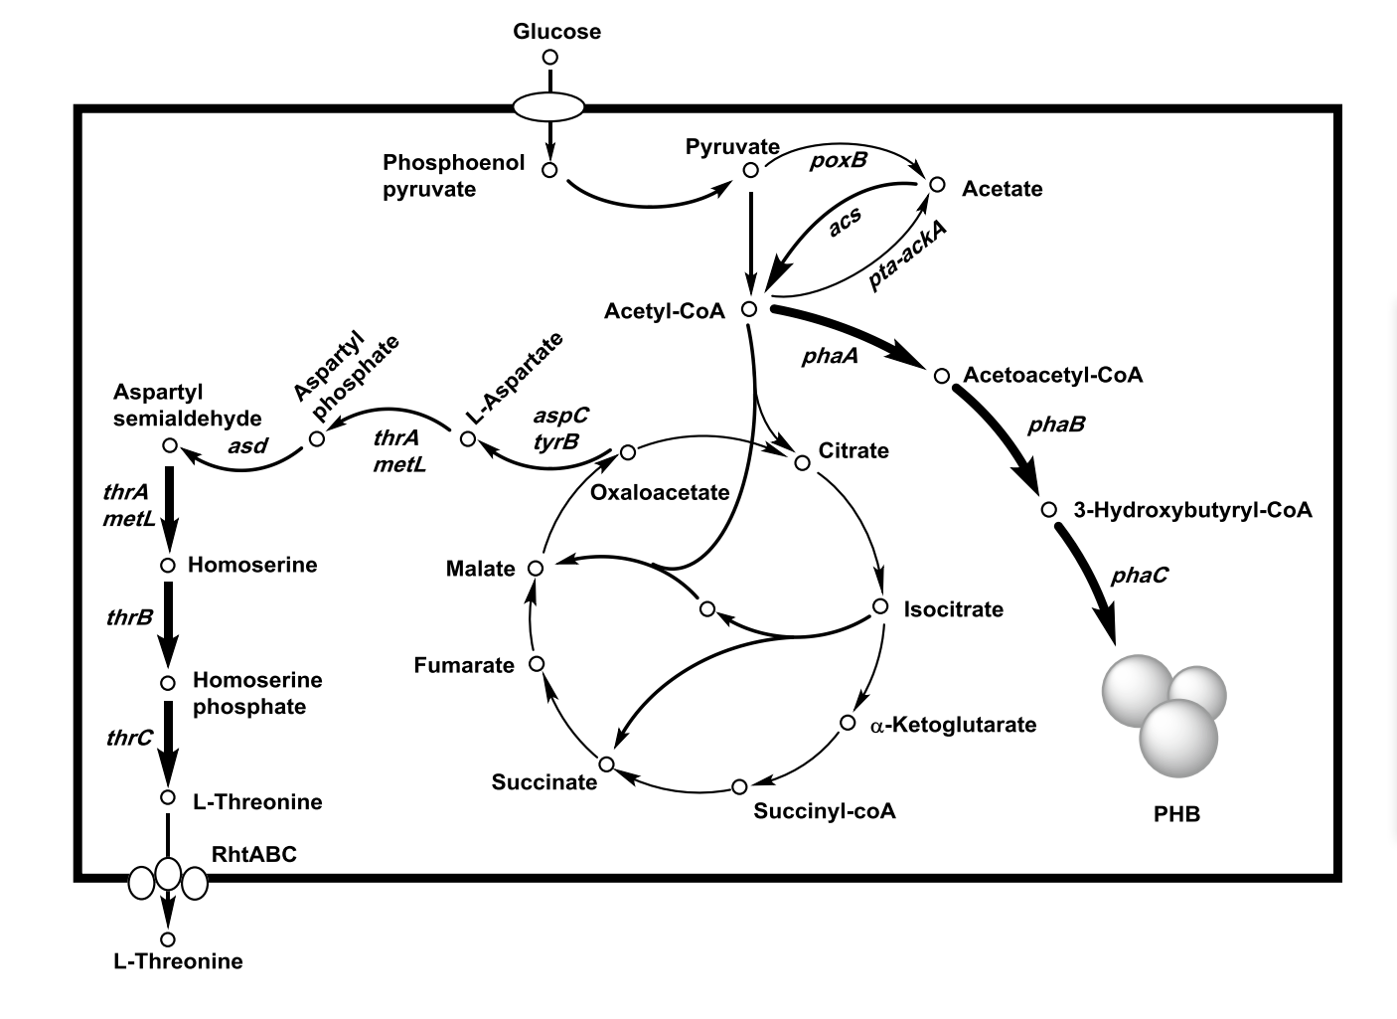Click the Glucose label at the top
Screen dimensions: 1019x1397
(556, 32)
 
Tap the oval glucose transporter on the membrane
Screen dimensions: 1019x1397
(548, 105)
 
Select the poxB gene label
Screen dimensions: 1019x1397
(838, 159)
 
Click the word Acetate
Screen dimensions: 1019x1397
(1003, 189)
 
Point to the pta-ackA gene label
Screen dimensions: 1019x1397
(907, 255)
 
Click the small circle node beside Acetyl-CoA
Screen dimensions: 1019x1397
(749, 309)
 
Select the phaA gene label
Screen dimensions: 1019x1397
(830, 355)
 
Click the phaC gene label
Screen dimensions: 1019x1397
(1140, 574)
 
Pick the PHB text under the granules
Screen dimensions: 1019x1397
(1176, 814)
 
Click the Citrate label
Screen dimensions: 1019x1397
(854, 450)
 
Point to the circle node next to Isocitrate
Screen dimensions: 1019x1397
(879, 606)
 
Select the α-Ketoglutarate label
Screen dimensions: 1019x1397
(953, 725)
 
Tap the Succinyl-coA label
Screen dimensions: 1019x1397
(825, 810)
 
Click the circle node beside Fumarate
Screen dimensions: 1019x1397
(537, 663)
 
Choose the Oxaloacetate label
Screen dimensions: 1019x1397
(660, 492)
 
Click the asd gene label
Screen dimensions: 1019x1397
(247, 445)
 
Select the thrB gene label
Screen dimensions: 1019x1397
(129, 616)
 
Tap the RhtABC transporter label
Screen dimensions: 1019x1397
(253, 853)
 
